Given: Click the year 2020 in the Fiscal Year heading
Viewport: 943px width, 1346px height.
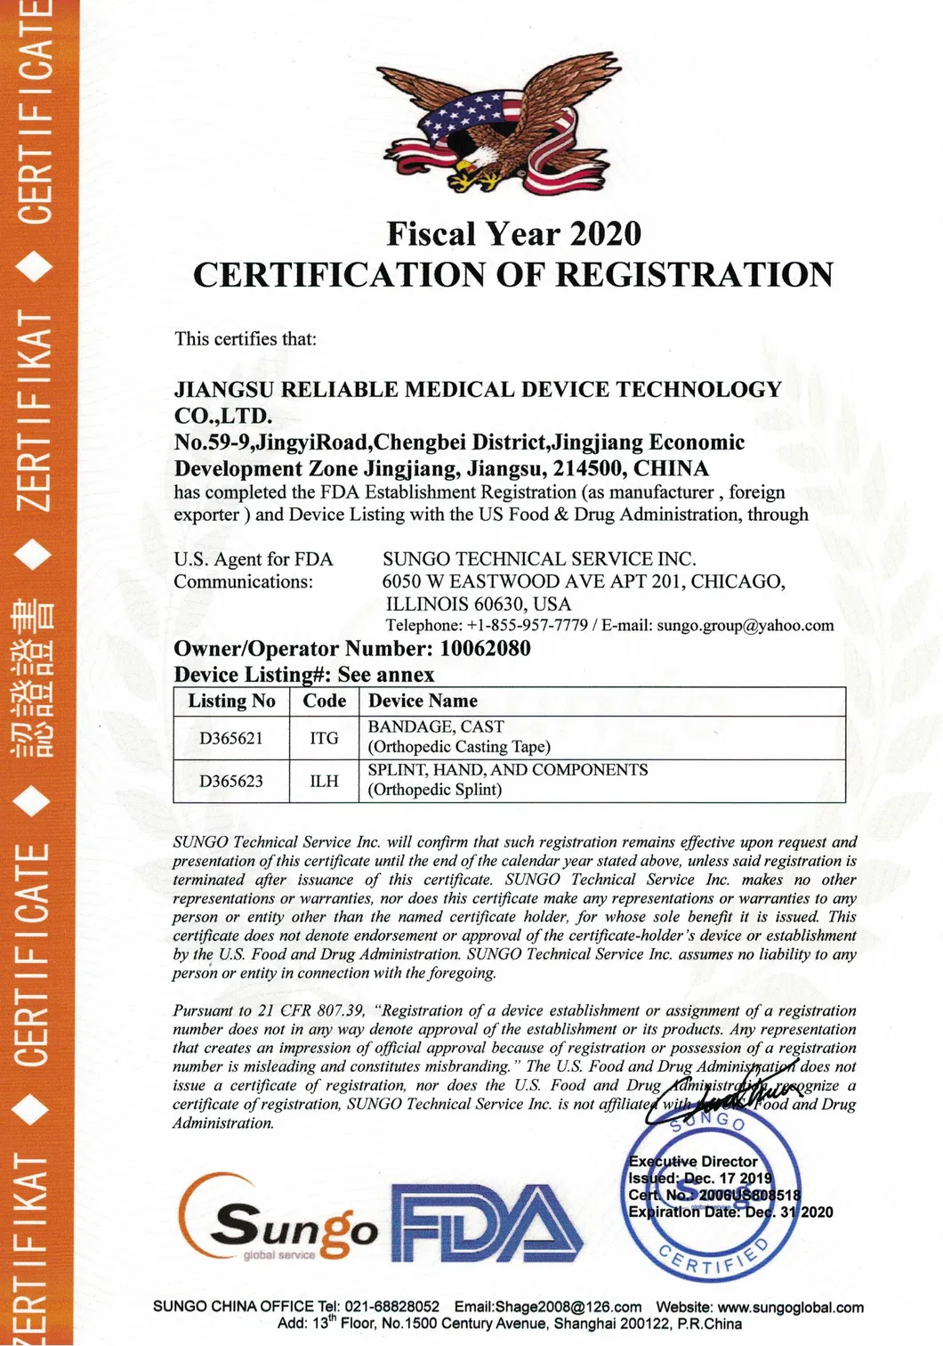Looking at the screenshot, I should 605,234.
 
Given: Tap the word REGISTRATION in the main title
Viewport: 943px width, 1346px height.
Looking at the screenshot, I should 694,275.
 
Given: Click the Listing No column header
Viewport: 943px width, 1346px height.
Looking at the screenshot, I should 231,701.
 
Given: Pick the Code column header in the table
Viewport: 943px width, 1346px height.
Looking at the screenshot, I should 324,701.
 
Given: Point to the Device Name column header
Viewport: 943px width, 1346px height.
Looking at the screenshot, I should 423,701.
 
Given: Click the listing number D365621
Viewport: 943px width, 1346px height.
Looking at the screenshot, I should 231,738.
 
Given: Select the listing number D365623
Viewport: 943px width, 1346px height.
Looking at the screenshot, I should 231,782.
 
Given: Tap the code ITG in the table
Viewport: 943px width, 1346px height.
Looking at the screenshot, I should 324,738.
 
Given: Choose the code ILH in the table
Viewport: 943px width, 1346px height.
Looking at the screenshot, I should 324,782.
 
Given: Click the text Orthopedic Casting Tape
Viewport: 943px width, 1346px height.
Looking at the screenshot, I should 459,747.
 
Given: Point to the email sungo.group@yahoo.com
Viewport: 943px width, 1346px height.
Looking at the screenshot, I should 746,626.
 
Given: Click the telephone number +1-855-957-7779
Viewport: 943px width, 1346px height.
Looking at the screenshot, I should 527,626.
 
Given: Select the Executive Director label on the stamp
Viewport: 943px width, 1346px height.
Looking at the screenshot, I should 693,1162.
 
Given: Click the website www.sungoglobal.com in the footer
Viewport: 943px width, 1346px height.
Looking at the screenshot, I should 790,1307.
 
